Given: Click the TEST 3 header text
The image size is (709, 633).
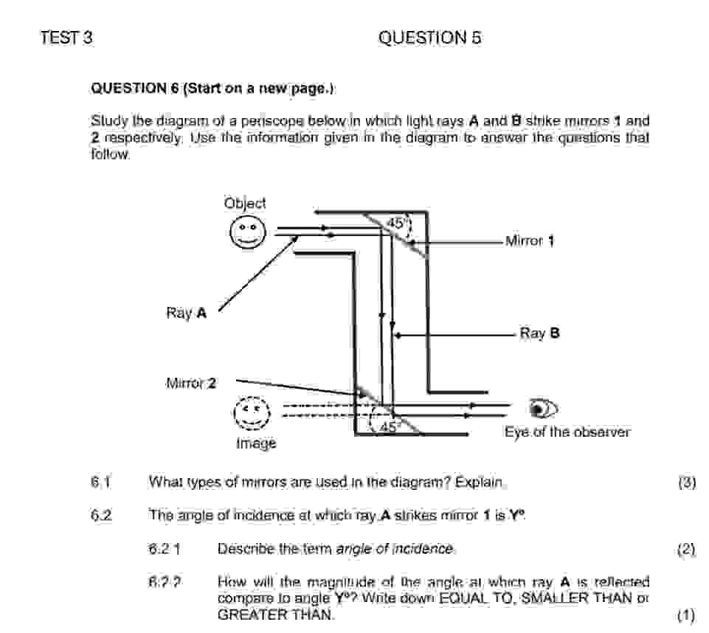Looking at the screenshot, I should pos(66,38).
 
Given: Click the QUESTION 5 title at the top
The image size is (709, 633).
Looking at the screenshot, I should pos(429,38).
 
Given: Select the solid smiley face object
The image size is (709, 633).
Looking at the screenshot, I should pos(246,234).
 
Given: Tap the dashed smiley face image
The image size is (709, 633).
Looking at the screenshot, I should pos(252,412).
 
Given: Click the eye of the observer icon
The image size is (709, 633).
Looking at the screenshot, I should pos(544,408).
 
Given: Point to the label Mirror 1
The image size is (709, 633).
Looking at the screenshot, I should pos(529,241).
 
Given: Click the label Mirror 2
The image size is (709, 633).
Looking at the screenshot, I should pos(191,383).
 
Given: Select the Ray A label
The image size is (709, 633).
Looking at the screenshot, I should pos(186,314).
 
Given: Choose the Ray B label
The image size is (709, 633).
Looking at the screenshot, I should pos(539,333).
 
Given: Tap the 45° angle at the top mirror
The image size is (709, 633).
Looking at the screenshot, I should pos(396,223).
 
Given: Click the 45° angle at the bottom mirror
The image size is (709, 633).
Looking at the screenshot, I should pos(390,426).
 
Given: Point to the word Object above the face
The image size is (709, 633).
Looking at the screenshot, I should pos(245,203).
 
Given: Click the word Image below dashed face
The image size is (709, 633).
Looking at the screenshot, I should pos(256,443).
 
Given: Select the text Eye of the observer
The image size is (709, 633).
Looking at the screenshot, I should pos(567,432).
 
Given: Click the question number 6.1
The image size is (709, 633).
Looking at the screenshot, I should pos(100,482).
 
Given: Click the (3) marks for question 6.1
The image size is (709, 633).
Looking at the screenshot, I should pos(686,483).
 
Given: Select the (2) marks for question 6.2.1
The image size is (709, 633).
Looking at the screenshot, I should pos(686,549).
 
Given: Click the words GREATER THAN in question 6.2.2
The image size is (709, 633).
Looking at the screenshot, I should pos(276,614).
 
